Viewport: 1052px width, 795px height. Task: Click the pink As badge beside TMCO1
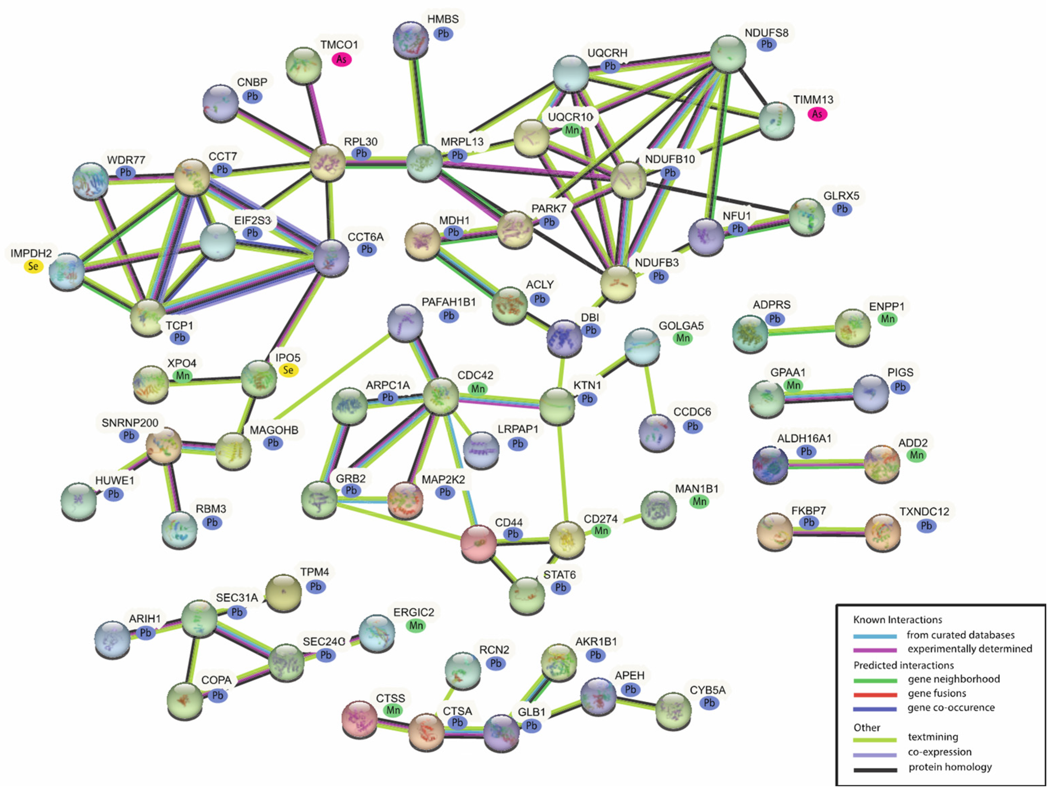pos(341,59)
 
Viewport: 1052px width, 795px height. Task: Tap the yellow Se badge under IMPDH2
pos(33,266)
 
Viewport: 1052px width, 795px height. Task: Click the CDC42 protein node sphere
pos(441,396)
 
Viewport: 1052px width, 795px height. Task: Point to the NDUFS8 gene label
pos(766,33)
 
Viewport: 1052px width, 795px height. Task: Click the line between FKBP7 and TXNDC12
pos(827,532)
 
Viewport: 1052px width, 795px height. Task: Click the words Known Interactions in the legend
pos(898,620)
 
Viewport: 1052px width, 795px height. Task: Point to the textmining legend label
pos(933,737)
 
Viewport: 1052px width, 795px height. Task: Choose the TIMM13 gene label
pos(813,100)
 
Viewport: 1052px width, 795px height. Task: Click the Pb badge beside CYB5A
pos(709,703)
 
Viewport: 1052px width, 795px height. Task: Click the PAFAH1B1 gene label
pos(449,302)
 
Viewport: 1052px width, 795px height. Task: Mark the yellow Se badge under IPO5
pos(288,370)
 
